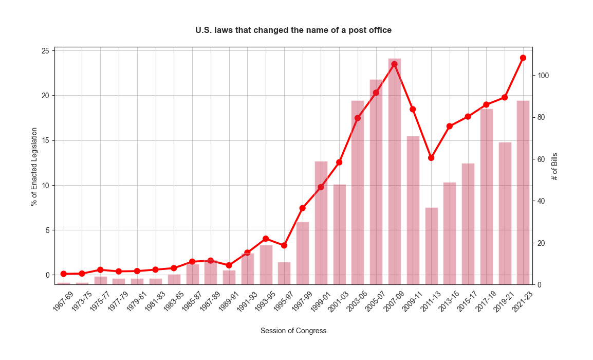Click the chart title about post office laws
pyautogui.click(x=293, y=30)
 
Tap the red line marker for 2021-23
pyautogui.click(x=523, y=58)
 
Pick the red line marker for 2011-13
pyautogui.click(x=431, y=158)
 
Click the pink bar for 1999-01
pyautogui.click(x=321, y=223)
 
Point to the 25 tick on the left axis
pyautogui.click(x=46, y=51)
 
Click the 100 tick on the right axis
pyautogui.click(x=543, y=76)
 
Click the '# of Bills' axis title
pyautogui.click(x=555, y=166)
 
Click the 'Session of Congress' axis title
pyautogui.click(x=293, y=331)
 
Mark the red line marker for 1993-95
pyautogui.click(x=266, y=239)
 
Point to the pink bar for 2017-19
pyautogui.click(x=486, y=196)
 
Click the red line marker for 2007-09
pyautogui.click(x=394, y=64)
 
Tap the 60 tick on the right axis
pyautogui.click(x=542, y=159)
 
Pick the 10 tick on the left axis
pyautogui.click(x=46, y=186)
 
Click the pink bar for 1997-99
pyautogui.click(x=303, y=253)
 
